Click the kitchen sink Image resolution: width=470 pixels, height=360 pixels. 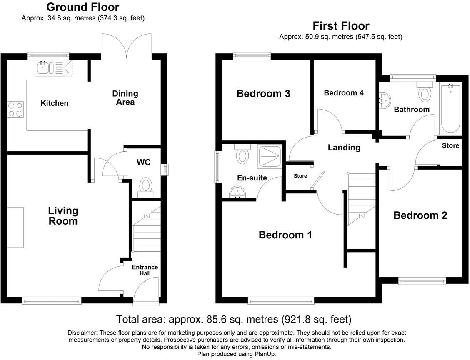coord(43,68)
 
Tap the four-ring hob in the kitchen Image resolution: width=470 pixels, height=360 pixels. coord(15,109)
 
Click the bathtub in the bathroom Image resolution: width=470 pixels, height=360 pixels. coord(449,109)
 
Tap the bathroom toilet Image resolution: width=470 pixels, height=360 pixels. coord(425,92)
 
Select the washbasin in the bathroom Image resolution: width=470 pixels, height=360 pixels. coord(385,100)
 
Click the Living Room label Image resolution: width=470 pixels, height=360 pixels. coord(63,216)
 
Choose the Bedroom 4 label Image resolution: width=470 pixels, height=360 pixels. coord(344,93)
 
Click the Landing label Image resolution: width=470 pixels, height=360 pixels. coord(344,147)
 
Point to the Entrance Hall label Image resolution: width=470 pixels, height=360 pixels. coord(145,270)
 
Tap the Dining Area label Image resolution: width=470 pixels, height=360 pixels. coord(125,98)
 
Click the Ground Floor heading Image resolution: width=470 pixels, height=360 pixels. coord(82,7)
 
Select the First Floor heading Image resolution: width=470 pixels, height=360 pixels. coord(341,26)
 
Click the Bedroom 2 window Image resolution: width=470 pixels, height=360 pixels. coord(422,282)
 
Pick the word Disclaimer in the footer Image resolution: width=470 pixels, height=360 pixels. coord(82,332)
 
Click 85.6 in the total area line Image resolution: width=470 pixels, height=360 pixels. coord(217,320)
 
